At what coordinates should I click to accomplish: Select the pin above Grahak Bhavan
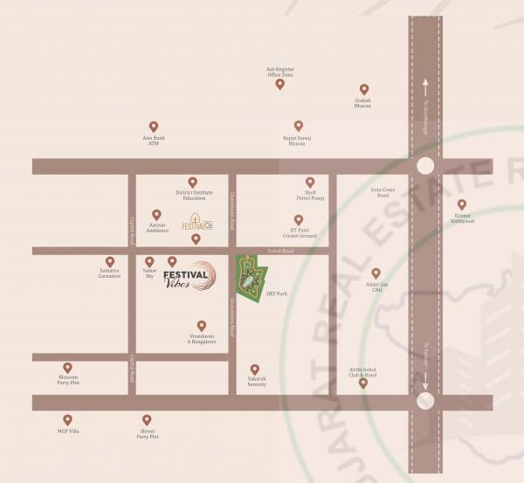pyautogui.click(x=363, y=89)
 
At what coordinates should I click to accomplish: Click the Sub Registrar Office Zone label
pyautogui.click(x=280, y=72)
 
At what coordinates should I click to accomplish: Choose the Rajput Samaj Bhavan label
pyautogui.click(x=298, y=140)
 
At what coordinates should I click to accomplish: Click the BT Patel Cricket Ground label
pyautogui.click(x=298, y=234)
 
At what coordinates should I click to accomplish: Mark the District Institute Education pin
pyautogui.click(x=193, y=182)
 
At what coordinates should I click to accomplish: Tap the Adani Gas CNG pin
pyautogui.click(x=376, y=273)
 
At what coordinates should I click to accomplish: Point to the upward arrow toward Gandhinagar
pyautogui.click(x=425, y=87)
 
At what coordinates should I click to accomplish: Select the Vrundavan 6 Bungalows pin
pyautogui.click(x=202, y=325)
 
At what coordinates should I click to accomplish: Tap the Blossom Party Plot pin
pyautogui.click(x=68, y=368)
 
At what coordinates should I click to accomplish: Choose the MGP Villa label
pyautogui.click(x=68, y=431)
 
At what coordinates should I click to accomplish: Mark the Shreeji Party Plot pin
pyautogui.click(x=147, y=420)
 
